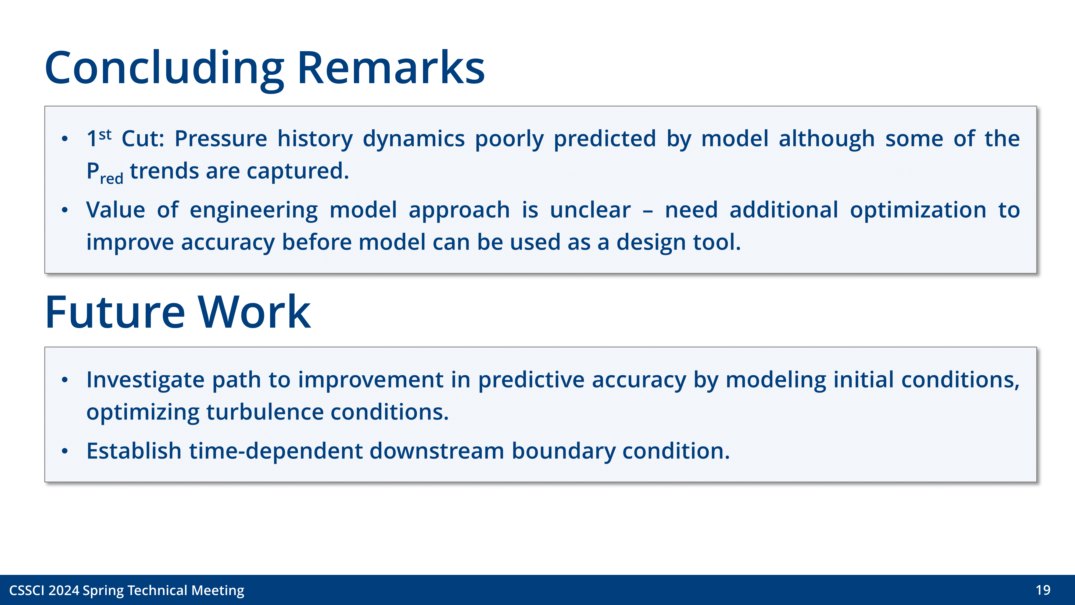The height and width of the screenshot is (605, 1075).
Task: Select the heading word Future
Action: point(115,312)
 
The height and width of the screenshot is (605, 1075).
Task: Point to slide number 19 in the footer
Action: point(1042,590)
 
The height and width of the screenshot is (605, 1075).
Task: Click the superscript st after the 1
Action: point(105,134)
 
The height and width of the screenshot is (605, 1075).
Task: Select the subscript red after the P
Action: point(112,179)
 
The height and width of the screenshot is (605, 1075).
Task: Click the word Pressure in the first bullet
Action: point(220,139)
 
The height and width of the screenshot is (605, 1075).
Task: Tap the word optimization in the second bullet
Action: point(918,210)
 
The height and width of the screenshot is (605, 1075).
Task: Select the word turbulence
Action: point(264,412)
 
